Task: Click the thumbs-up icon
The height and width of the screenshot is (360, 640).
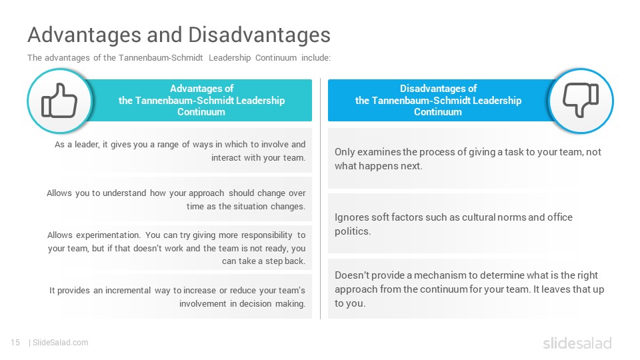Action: pyautogui.click(x=59, y=101)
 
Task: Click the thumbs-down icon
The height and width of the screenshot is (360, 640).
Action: pyautogui.click(x=581, y=100)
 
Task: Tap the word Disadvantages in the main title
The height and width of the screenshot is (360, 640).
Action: pyautogui.click(x=259, y=35)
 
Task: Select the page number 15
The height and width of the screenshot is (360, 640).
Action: pyautogui.click(x=15, y=343)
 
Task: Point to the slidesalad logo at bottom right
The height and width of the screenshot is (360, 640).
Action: pyautogui.click(x=577, y=343)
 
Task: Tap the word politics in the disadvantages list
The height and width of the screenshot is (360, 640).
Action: pyautogui.click(x=353, y=231)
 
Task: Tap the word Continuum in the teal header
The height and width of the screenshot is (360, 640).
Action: pyautogui.click(x=201, y=112)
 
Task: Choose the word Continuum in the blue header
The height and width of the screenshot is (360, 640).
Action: pyautogui.click(x=438, y=112)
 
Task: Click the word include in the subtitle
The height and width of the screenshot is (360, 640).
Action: pyautogui.click(x=316, y=57)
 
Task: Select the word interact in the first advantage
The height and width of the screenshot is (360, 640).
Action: pyautogui.click(x=226, y=157)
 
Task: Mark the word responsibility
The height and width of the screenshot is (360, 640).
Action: pyautogui.click(x=267, y=235)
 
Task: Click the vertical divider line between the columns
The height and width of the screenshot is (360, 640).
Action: pyautogui.click(x=321, y=199)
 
